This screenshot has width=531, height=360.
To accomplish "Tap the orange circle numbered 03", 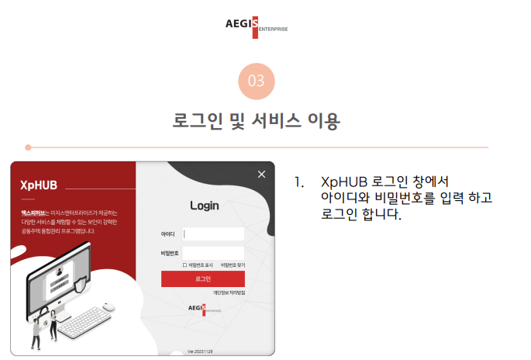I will click(x=257, y=81).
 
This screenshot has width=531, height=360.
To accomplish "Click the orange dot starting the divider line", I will click(x=28, y=147).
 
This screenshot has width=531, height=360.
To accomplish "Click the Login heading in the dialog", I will click(x=205, y=206).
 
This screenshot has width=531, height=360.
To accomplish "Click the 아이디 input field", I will click(x=213, y=234).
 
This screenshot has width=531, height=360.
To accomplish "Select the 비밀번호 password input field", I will click(x=213, y=253).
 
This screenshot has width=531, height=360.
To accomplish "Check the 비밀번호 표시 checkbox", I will click(x=184, y=265).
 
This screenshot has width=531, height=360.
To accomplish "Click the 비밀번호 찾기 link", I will click(x=233, y=265).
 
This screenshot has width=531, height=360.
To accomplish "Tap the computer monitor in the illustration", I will click(x=70, y=272).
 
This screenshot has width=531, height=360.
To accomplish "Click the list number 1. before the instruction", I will click(x=298, y=183).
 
